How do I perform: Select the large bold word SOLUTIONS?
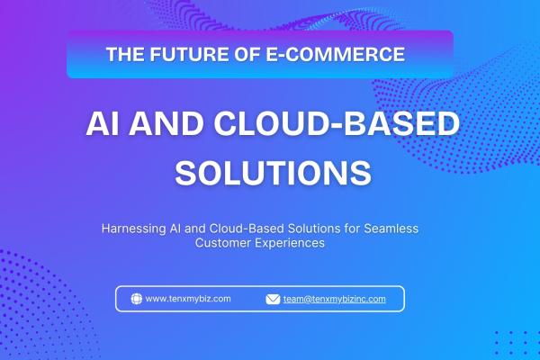[x=272, y=171]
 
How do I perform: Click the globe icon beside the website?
[x=136, y=299]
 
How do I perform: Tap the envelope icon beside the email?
[x=273, y=299]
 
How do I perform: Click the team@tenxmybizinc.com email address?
[x=334, y=299]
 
